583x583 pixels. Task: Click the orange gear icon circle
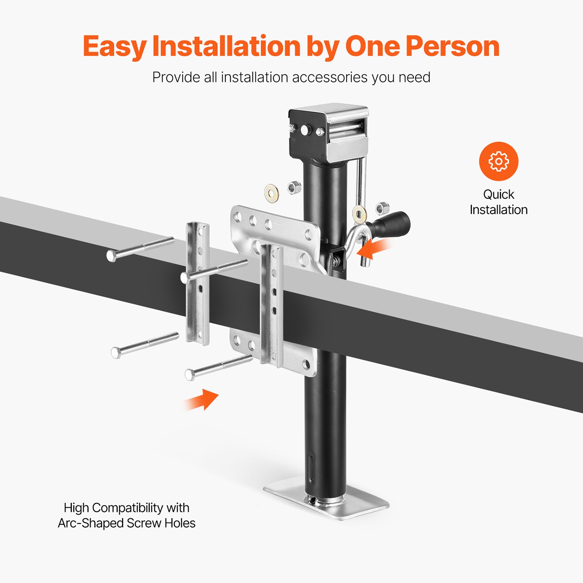499,161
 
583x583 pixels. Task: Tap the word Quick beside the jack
499,194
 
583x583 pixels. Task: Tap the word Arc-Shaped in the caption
91,523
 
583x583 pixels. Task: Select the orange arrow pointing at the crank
374,249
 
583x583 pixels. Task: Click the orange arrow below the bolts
201,400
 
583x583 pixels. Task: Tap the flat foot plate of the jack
326,501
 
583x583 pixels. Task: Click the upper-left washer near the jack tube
271,192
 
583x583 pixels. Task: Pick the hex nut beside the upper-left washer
294,187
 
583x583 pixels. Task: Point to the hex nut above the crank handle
382,208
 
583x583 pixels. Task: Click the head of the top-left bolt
111,256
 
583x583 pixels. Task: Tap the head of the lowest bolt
190,375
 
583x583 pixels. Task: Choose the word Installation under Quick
499,210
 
